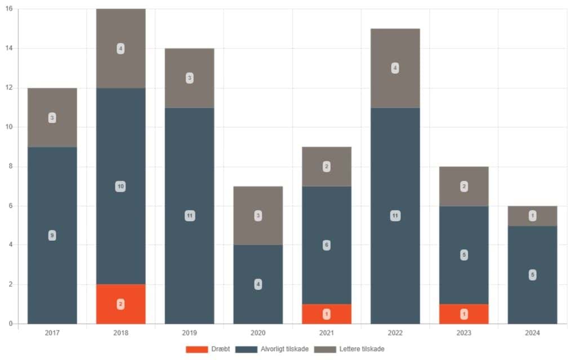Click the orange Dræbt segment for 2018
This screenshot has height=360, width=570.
121,304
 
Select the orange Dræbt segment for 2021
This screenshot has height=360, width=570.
327,314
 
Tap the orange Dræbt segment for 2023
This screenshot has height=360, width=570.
464,314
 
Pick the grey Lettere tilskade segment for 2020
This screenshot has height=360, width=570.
258,215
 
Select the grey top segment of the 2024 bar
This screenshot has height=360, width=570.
532,216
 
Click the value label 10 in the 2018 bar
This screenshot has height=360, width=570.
121,186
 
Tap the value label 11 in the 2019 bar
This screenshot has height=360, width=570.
189,216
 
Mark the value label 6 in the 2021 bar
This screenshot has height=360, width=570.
327,245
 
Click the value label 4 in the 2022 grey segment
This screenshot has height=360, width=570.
395,68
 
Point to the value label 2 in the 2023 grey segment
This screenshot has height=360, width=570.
464,186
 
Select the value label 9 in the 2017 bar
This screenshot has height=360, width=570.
52,235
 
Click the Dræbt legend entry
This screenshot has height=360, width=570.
208,349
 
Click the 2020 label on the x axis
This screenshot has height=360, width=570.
258,333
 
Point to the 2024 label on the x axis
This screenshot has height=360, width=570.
532,333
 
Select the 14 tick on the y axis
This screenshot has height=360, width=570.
10,48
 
